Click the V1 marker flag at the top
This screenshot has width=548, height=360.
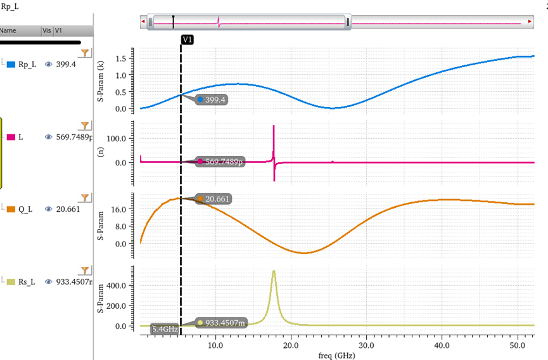(x=188, y=39)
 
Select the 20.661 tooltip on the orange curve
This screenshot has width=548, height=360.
(x=213, y=199)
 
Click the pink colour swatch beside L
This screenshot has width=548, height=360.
(x=10, y=137)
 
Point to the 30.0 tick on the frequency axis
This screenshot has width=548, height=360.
(x=366, y=345)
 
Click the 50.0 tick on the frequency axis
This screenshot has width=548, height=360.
(x=517, y=345)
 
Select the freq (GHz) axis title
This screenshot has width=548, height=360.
(x=337, y=355)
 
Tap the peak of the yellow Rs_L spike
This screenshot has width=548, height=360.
(x=274, y=271)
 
